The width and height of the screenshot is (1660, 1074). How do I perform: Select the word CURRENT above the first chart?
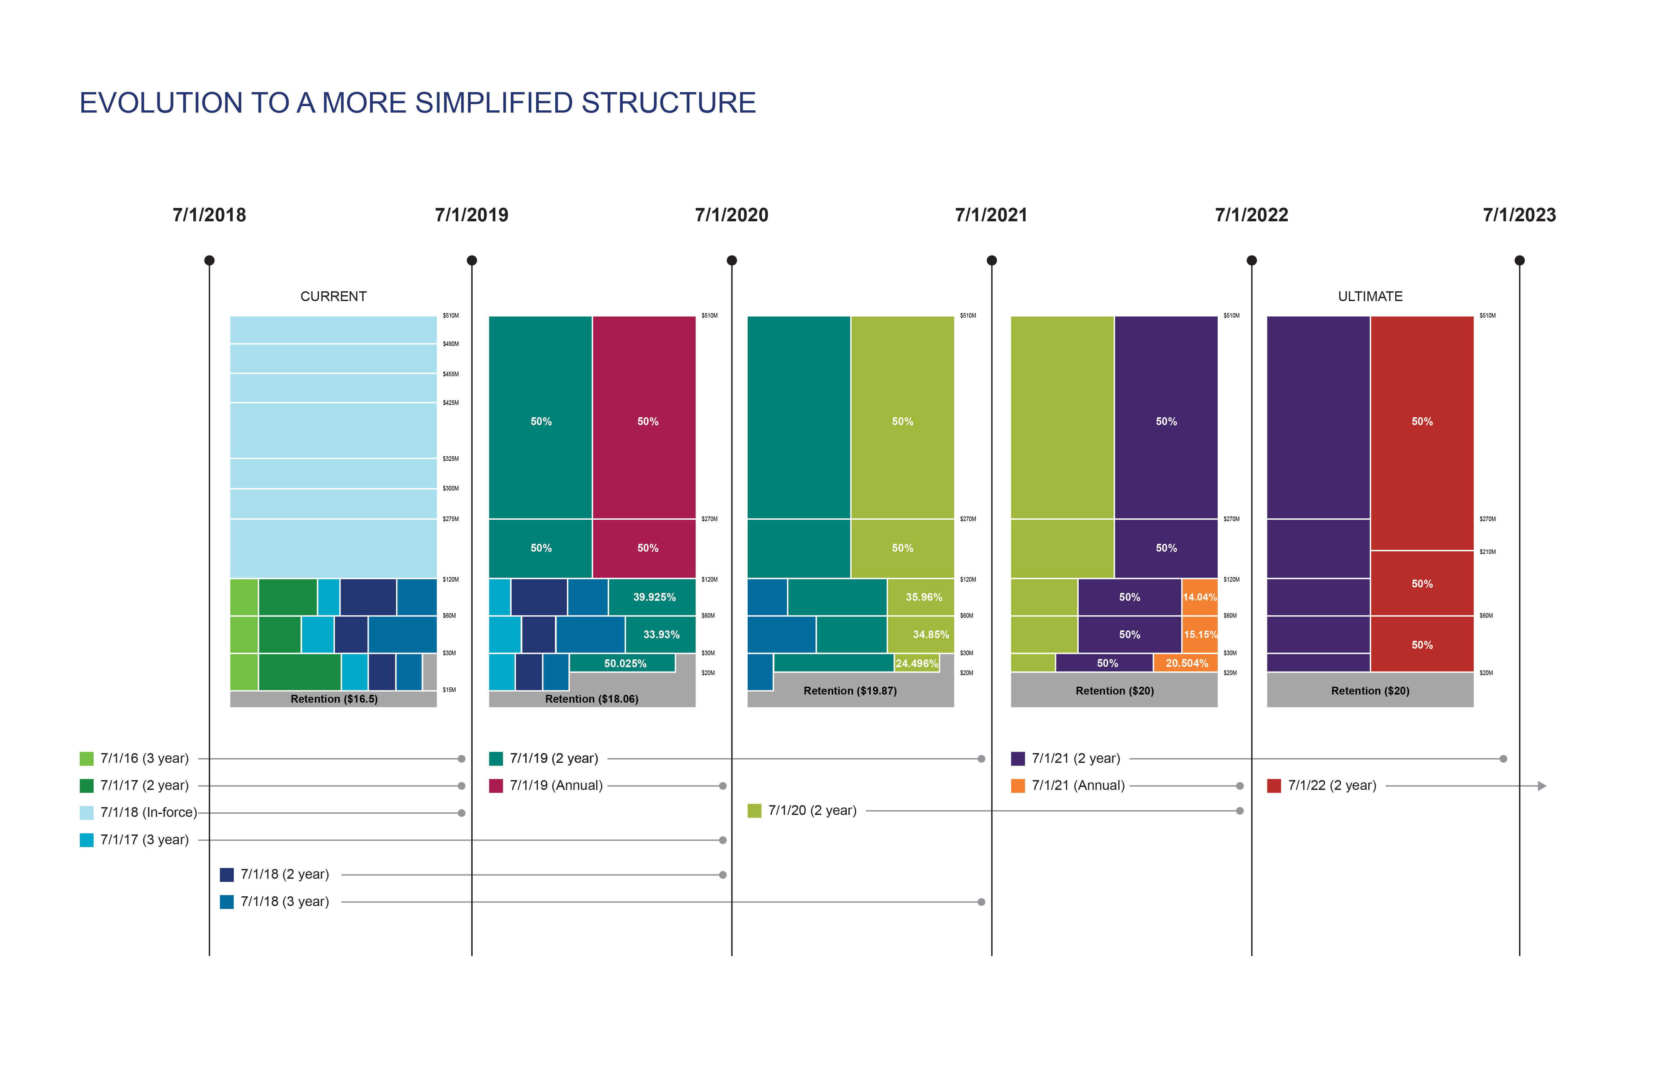[x=333, y=296]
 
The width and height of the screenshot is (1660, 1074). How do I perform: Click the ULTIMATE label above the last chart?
[x=1370, y=296]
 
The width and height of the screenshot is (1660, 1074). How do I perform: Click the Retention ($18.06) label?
[x=591, y=699]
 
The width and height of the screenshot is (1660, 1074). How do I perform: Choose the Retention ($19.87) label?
[x=850, y=690]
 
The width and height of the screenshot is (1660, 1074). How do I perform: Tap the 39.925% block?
[x=654, y=597]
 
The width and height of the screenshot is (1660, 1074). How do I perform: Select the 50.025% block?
[x=624, y=663]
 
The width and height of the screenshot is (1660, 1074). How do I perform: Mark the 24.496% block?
[x=917, y=663]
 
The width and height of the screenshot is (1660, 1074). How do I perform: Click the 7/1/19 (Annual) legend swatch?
[x=496, y=786]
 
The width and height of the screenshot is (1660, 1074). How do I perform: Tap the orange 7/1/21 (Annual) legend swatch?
[x=1017, y=786]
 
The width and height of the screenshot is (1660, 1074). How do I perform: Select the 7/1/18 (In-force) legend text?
[x=148, y=812]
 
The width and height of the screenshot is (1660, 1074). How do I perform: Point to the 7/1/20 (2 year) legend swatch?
[x=754, y=810]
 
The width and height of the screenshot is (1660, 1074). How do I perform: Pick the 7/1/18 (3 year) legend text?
[x=284, y=902]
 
